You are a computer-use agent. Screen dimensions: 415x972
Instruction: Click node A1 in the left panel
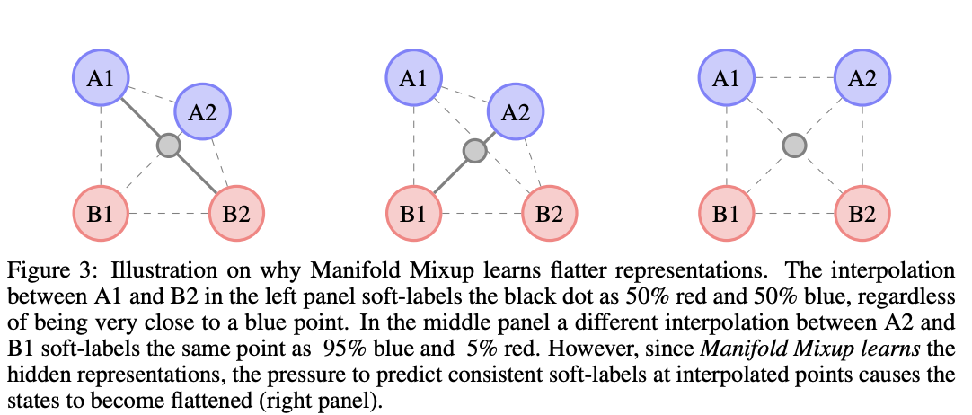[x=101, y=78]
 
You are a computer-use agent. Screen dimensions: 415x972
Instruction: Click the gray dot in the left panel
[x=168, y=145]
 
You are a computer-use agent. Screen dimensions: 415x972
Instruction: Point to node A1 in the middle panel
[x=414, y=78]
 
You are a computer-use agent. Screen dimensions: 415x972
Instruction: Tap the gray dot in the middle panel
[x=473, y=152]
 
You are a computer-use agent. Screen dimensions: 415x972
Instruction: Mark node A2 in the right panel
[x=863, y=78]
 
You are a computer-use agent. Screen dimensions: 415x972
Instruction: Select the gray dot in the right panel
[x=794, y=145]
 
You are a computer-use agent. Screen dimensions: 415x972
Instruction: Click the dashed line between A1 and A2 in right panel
[x=795, y=78]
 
